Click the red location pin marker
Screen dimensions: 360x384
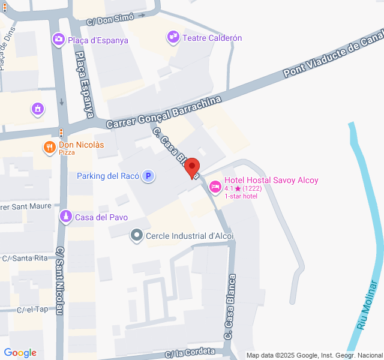coord(192,167)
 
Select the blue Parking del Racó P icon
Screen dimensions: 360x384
coord(148,176)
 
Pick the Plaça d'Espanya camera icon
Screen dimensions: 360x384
coord(58,40)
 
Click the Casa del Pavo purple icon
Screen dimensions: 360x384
coord(65,217)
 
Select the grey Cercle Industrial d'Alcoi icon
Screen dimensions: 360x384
coord(137,236)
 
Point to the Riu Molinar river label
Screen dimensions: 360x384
coord(370,315)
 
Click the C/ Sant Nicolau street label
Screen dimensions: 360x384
coord(60,281)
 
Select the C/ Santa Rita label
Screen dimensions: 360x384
coord(25,259)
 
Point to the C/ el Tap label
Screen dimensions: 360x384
coord(32,310)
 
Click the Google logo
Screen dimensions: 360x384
coord(20,353)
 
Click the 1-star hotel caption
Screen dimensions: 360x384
coord(242,196)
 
